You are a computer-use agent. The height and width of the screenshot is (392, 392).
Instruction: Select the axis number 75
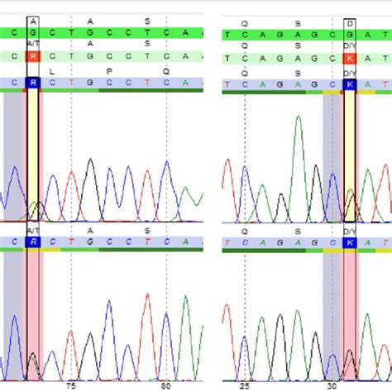71,385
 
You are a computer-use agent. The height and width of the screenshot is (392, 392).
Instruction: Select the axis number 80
166,385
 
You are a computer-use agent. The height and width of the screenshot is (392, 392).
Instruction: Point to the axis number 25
245,385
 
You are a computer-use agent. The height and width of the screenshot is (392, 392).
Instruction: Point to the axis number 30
332,385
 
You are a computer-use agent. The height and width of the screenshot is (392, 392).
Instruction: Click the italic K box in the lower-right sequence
350,243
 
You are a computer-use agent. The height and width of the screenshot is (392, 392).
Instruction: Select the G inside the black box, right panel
350,35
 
